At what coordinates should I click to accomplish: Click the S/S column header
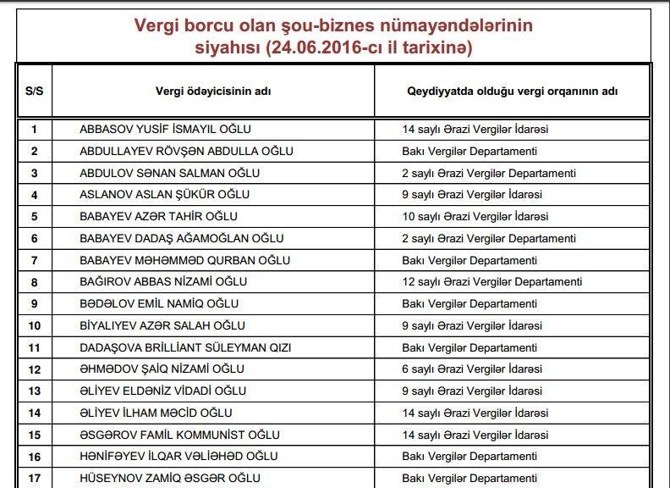(34, 91)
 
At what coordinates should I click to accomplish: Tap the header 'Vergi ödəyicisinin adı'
(212, 91)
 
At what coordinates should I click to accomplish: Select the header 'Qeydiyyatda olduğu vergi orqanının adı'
(512, 91)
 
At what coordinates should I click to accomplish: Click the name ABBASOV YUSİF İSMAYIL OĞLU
(165, 130)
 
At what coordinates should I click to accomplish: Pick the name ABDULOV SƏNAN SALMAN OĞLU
(169, 173)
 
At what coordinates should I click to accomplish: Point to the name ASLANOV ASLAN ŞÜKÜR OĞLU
(164, 195)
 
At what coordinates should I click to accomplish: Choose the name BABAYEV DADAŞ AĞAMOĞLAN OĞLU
(181, 239)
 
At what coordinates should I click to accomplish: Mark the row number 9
(34, 304)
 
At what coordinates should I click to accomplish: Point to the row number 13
(34, 391)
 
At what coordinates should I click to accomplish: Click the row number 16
(34, 457)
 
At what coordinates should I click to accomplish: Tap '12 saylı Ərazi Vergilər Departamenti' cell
(492, 282)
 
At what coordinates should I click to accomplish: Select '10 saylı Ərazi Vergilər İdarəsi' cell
(475, 217)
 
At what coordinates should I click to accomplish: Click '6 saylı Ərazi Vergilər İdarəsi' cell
(472, 369)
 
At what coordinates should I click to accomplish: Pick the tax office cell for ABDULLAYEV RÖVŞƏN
(470, 152)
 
